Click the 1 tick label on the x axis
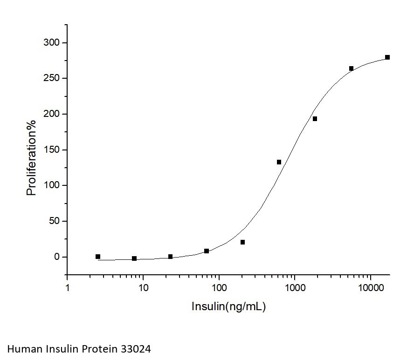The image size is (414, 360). (x=68, y=288)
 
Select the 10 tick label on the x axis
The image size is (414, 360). (x=143, y=288)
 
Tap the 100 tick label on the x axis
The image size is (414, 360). (x=219, y=288)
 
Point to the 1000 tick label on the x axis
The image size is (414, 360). (x=295, y=288)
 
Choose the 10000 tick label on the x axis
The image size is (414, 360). (x=371, y=288)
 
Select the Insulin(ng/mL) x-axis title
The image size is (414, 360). (x=228, y=306)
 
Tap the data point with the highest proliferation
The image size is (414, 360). (x=387, y=57)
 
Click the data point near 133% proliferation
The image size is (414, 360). (x=279, y=162)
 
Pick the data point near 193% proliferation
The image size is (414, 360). (x=315, y=119)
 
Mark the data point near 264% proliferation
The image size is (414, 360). (x=351, y=68)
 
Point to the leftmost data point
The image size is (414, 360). (x=98, y=257)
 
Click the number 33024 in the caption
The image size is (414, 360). (x=136, y=348)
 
